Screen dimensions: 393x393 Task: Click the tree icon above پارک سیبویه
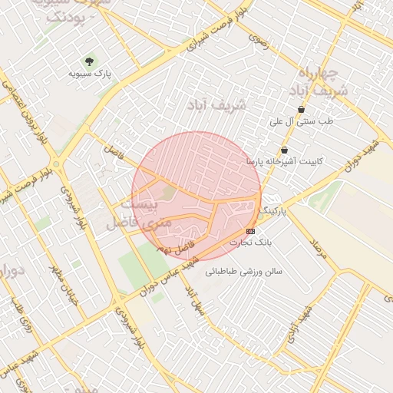click(x=90, y=61)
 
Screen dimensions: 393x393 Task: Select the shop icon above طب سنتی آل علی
click(x=301, y=109)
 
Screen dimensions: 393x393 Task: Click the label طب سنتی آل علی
click(x=302, y=121)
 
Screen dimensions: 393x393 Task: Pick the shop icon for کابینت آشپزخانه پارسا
click(x=285, y=150)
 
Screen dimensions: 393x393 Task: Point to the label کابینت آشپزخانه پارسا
click(x=285, y=162)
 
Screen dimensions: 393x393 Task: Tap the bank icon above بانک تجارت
click(x=251, y=230)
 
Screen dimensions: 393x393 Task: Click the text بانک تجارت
click(x=252, y=243)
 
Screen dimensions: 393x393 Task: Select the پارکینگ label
click(x=275, y=210)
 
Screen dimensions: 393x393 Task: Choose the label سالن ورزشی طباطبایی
click(x=243, y=271)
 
